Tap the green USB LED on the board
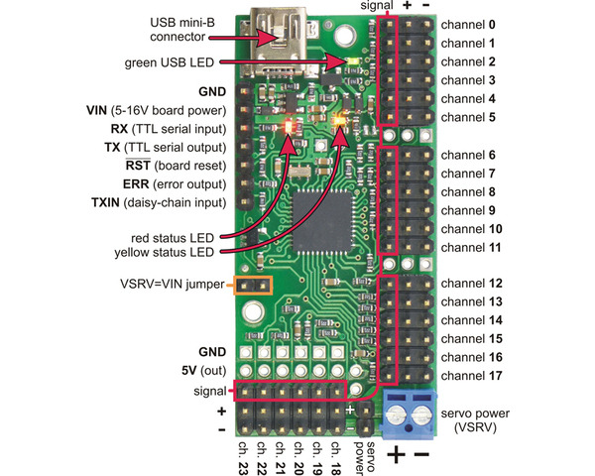(355, 63)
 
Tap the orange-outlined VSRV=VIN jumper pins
(253, 287)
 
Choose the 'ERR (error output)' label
(171, 183)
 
